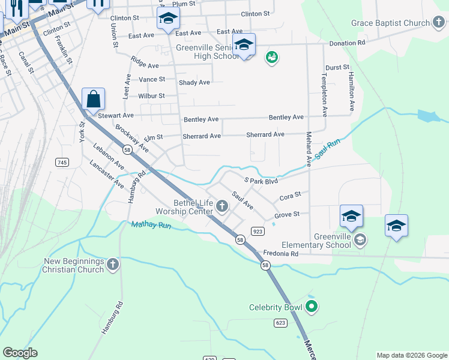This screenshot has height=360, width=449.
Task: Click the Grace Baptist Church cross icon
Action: tap(441, 23)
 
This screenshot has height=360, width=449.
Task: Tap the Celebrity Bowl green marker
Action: tap(311, 308)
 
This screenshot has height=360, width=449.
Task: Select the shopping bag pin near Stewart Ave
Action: tap(94, 99)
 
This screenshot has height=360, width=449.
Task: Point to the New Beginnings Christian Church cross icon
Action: tap(112, 263)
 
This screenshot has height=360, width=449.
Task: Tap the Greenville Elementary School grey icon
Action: tap(360, 241)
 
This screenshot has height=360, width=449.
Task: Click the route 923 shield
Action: tap(258, 231)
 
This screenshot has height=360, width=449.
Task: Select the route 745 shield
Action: tap(61, 163)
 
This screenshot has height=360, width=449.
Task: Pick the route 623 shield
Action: tap(281, 323)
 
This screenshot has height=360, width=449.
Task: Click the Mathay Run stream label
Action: tap(151, 226)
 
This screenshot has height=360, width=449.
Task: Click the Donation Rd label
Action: tap(347, 43)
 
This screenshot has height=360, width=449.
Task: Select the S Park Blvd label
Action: tap(261, 180)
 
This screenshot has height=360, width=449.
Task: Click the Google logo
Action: tap(20, 353)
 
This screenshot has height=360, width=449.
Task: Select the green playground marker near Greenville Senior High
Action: tap(272, 58)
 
